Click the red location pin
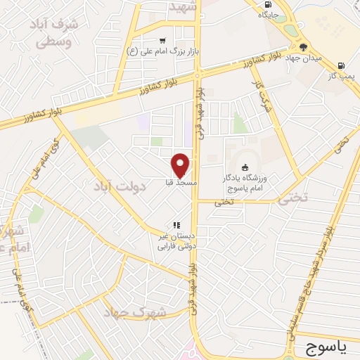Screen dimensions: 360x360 click(x=181, y=165)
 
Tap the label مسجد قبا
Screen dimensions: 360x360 click(x=181, y=183)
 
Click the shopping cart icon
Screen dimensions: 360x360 click(x=163, y=41)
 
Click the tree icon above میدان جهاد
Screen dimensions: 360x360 click(x=303, y=47)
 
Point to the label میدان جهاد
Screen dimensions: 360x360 click(x=303, y=58)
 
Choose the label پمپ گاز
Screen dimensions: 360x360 click(x=344, y=75)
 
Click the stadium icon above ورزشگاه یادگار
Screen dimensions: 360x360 click(x=245, y=167)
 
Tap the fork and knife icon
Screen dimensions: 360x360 click(x=176, y=225)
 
